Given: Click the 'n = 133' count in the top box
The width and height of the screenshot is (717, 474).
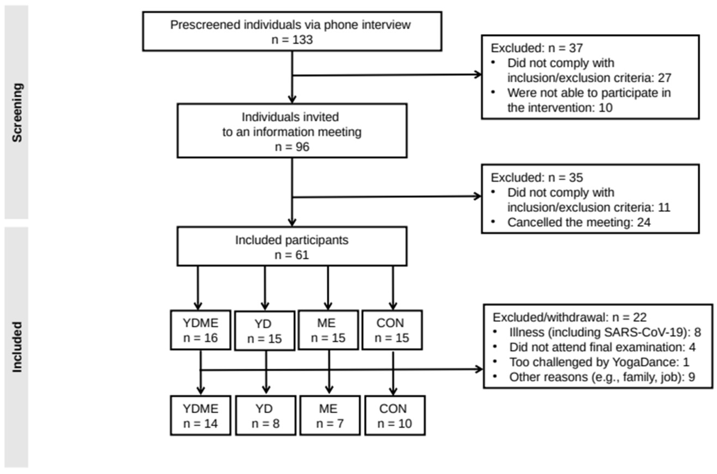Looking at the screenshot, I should (x=292, y=40).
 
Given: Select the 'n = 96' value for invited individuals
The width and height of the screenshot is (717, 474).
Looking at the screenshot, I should (x=292, y=147).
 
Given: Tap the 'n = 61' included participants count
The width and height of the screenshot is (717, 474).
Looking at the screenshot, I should (x=292, y=255).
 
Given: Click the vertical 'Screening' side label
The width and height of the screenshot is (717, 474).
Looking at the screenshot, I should (x=17, y=112).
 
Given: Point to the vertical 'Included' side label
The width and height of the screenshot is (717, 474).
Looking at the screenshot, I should (x=17, y=347).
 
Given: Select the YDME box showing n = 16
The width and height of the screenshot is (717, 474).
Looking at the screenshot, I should (x=200, y=330).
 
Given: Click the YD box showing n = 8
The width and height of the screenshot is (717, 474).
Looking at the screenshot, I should (x=265, y=416).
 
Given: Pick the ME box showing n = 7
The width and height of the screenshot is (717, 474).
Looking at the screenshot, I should (x=330, y=416).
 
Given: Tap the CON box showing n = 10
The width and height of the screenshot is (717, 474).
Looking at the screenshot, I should (x=395, y=416).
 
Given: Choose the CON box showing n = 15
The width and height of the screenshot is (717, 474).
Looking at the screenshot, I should (x=392, y=330).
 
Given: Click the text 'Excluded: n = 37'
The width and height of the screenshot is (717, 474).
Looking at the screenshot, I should (x=537, y=48).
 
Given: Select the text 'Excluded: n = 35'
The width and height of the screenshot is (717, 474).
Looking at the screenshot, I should (x=537, y=177).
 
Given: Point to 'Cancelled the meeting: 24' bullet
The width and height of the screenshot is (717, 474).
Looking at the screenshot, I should (x=578, y=222).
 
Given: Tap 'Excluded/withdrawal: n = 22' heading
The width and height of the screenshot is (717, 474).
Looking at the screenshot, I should (x=569, y=317).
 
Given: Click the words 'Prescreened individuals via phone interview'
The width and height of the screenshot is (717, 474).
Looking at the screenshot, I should (x=290, y=25).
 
